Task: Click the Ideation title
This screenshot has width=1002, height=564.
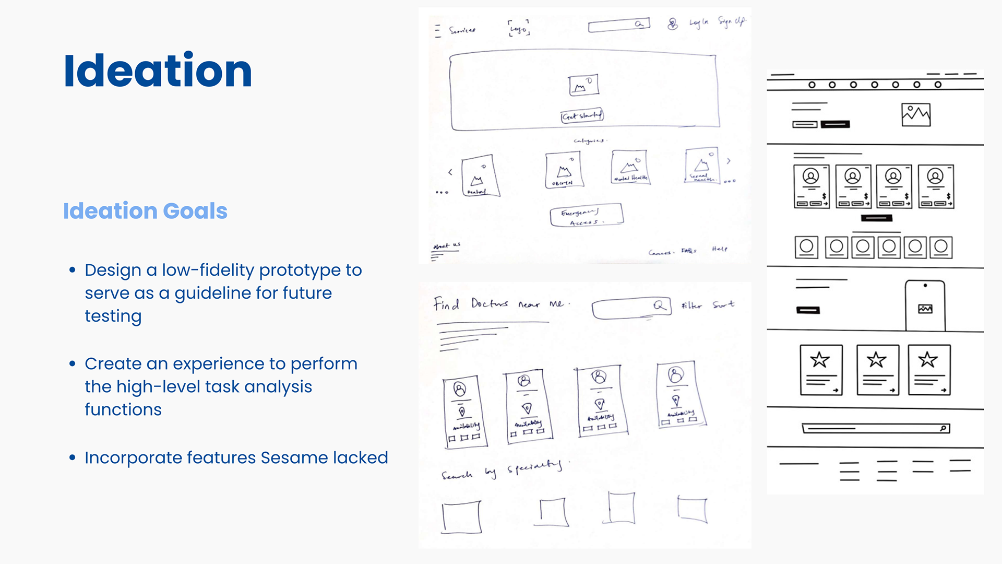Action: pyautogui.click(x=158, y=71)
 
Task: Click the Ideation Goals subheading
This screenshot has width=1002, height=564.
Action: pyautogui.click(x=145, y=211)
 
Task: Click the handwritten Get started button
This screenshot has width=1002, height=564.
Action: pyautogui.click(x=582, y=115)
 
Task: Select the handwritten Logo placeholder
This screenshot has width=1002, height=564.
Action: pyautogui.click(x=519, y=28)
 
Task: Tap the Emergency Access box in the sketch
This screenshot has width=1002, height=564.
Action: pyautogui.click(x=586, y=215)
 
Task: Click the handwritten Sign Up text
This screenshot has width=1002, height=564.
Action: pyautogui.click(x=732, y=21)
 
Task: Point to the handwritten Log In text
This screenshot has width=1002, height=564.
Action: pyautogui.click(x=698, y=22)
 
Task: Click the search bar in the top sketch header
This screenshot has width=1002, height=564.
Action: pyautogui.click(x=618, y=25)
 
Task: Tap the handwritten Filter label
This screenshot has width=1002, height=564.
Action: pyautogui.click(x=691, y=305)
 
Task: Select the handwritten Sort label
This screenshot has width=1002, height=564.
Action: pyautogui.click(x=723, y=304)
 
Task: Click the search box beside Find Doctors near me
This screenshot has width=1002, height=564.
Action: pyautogui.click(x=631, y=308)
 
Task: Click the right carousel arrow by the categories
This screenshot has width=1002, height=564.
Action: pyautogui.click(x=729, y=161)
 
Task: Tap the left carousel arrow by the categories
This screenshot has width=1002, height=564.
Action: pyautogui.click(x=450, y=172)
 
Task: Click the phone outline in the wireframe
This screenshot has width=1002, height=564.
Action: pyautogui.click(x=925, y=306)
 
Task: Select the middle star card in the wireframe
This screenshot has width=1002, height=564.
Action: pyautogui.click(x=878, y=370)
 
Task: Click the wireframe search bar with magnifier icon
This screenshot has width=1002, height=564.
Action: pyautogui.click(x=876, y=429)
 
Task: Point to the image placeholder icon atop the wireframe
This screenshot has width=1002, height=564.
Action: pyautogui.click(x=916, y=114)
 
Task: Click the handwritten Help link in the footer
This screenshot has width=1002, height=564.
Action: pyautogui.click(x=719, y=249)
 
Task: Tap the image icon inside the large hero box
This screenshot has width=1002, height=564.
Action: pyautogui.click(x=583, y=85)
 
